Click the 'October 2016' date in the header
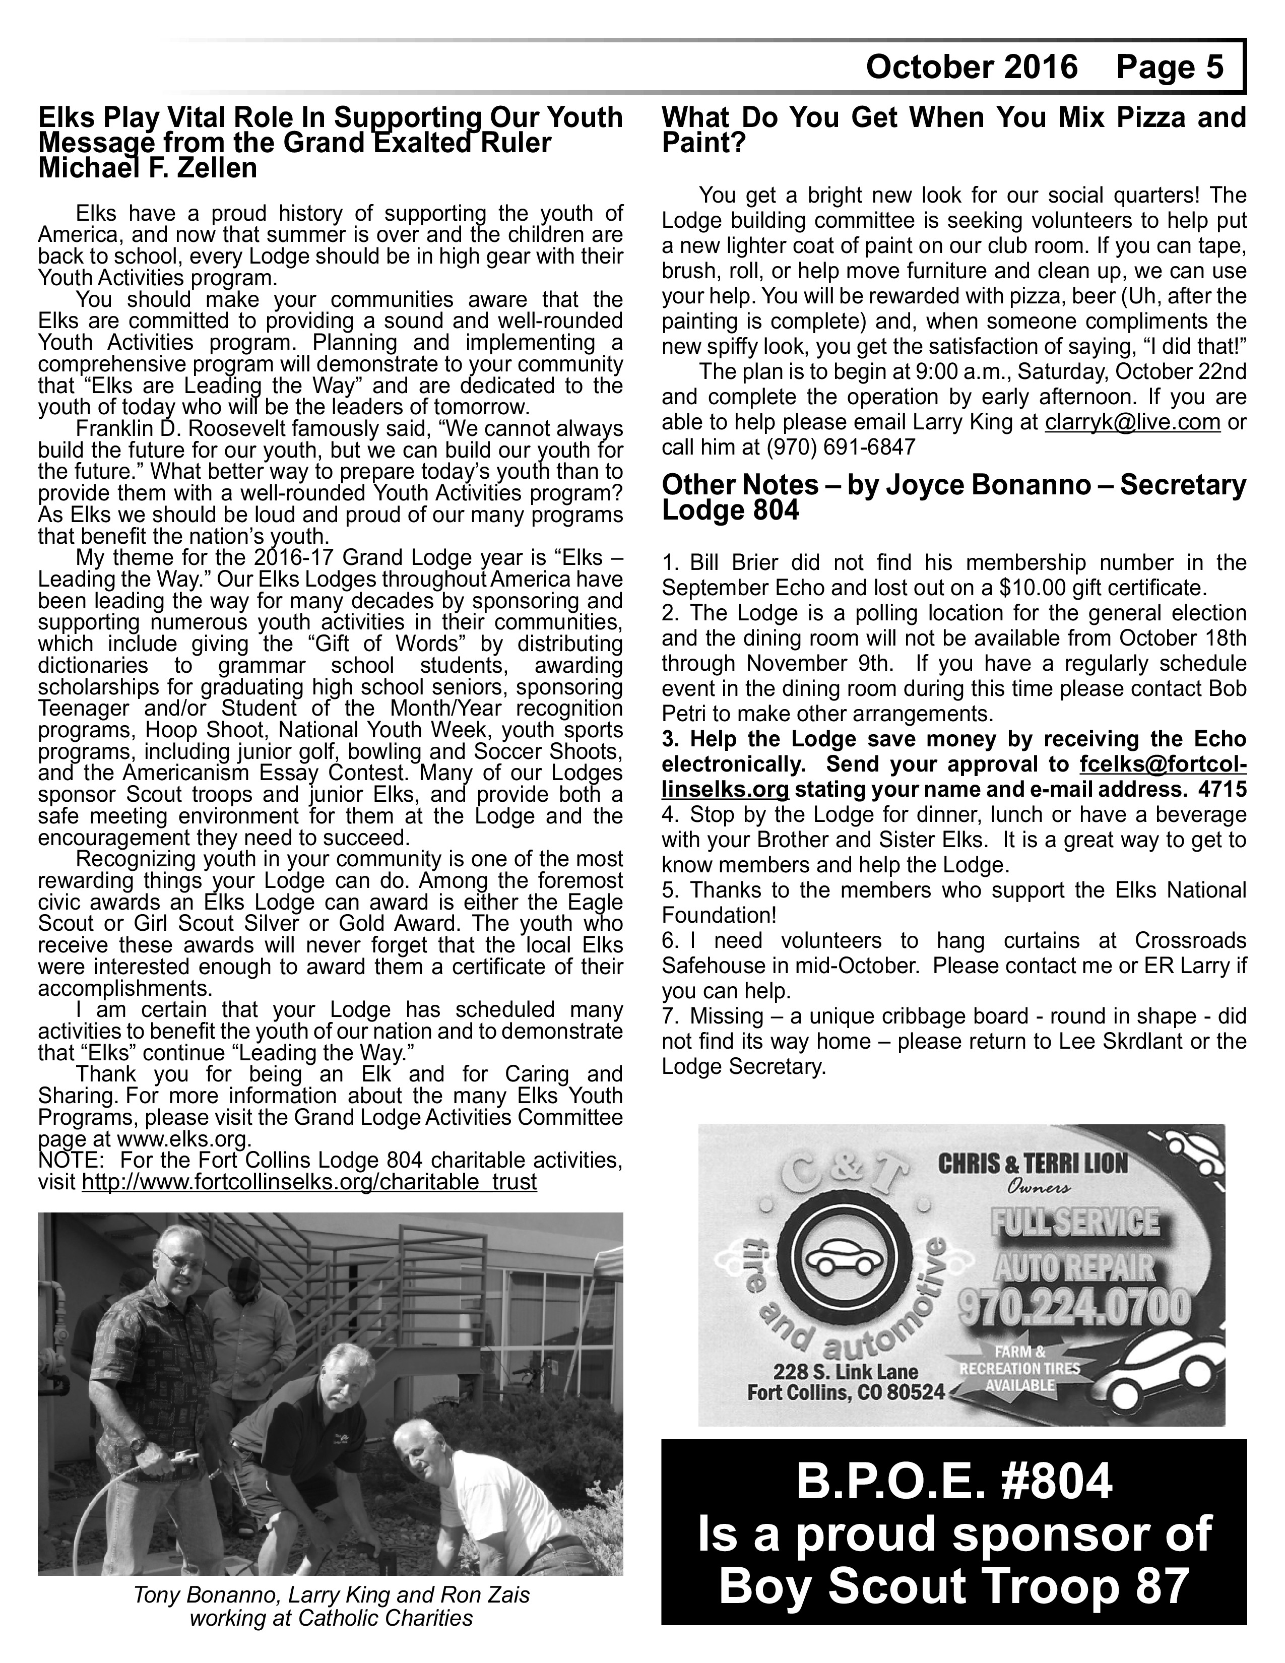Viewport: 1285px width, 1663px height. tap(972, 68)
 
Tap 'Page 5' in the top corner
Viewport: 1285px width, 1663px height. tap(1169, 68)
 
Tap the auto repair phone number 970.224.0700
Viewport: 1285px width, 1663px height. tap(1074, 1307)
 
